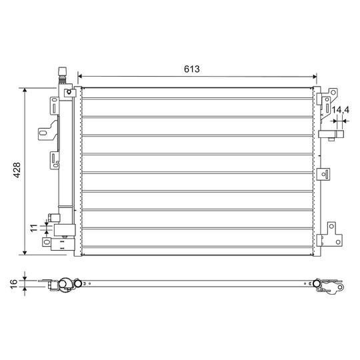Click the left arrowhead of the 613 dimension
pyautogui.click(x=81, y=76)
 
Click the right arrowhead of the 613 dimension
pyautogui.click(x=316, y=76)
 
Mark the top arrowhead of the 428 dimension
pyautogui.click(x=25, y=89)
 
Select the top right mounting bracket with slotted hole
pyautogui.click(x=326, y=99)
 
